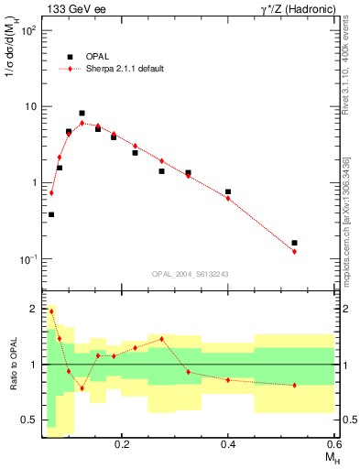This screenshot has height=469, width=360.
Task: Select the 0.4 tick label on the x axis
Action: [228, 443]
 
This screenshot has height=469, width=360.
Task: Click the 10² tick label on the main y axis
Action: [28, 30]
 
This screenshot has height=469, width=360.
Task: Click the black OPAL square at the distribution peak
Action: [82, 114]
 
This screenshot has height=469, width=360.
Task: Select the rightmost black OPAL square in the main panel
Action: [294, 243]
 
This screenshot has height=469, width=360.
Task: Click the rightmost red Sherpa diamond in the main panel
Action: [294, 251]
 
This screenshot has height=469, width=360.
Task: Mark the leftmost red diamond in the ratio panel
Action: [51, 311]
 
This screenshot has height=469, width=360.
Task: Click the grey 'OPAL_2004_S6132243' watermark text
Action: [190, 274]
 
